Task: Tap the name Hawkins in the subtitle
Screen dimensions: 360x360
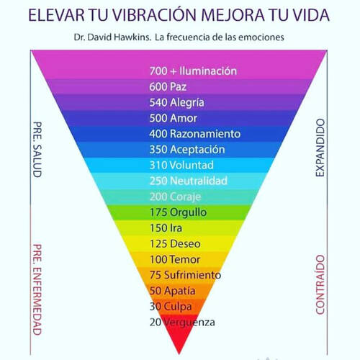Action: [x=132, y=37]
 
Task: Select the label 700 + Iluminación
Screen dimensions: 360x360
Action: [x=193, y=71]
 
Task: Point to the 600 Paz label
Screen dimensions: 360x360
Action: [x=168, y=86]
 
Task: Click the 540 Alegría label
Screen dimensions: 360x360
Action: [x=176, y=102]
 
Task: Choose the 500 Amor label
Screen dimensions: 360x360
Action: [x=173, y=118]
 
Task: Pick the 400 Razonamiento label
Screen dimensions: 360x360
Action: [x=194, y=134]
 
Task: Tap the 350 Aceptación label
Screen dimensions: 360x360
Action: [x=187, y=150]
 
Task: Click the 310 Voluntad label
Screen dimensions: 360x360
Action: [x=181, y=165]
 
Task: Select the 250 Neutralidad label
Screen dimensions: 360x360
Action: [x=188, y=181]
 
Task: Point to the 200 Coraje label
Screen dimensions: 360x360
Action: [x=175, y=197]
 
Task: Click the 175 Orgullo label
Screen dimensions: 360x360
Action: [x=178, y=212]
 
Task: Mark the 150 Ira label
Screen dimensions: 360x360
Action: [x=166, y=228]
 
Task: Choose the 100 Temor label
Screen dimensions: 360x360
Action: [x=175, y=259]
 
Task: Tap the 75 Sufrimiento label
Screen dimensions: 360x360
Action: [x=185, y=275]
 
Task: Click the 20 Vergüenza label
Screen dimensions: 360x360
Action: [x=182, y=322]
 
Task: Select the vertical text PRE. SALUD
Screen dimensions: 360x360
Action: [x=37, y=150]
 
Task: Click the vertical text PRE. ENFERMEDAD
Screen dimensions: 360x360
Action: [x=37, y=289]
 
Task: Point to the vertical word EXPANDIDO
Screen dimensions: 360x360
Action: [x=320, y=148]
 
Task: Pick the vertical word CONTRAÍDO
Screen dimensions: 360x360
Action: [x=320, y=284]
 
